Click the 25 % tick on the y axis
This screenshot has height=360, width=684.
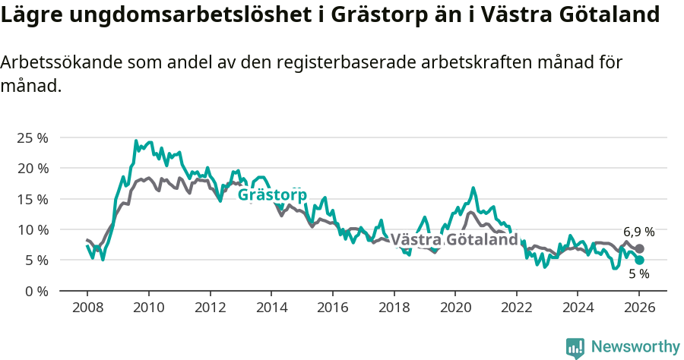pyautogui.click(x=32, y=137)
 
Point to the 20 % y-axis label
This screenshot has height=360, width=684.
pyautogui.click(x=32, y=168)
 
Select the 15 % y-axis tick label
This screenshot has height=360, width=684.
pyautogui.click(x=32, y=199)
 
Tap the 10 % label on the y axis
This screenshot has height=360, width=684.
pyautogui.click(x=32, y=229)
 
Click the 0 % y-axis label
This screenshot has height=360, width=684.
pyautogui.click(x=36, y=291)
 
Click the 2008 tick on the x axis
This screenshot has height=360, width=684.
pyautogui.click(x=87, y=308)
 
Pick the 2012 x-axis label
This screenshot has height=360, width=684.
pyautogui.click(x=210, y=308)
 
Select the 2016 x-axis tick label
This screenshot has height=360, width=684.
pyautogui.click(x=332, y=308)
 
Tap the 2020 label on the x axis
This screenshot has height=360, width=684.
pyautogui.click(x=454, y=308)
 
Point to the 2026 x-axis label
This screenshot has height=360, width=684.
pyautogui.click(x=638, y=308)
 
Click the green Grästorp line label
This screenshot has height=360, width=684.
pyautogui.click(x=272, y=195)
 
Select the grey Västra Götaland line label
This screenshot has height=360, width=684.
pyautogui.click(x=454, y=240)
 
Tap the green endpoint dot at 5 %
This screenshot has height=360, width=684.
pyautogui.click(x=640, y=260)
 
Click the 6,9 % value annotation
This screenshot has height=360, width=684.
pyautogui.click(x=638, y=232)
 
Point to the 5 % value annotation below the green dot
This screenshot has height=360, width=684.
pyautogui.click(x=638, y=274)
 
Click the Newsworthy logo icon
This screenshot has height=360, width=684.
pyautogui.click(x=575, y=347)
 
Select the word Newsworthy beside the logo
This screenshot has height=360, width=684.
pyautogui.click(x=635, y=347)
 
